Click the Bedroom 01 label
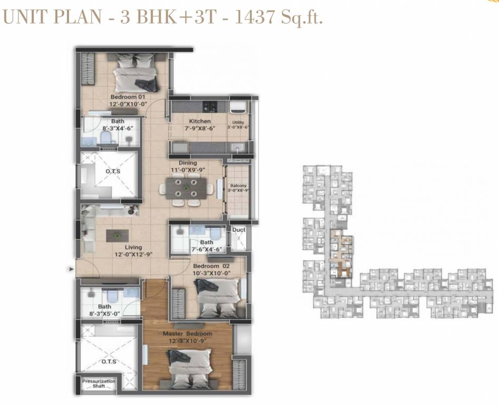tap(128, 97)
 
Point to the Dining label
tap(188, 164)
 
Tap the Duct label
tap(238, 230)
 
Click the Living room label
tap(133, 247)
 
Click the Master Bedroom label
tap(188, 334)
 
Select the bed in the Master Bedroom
tap(188, 368)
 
